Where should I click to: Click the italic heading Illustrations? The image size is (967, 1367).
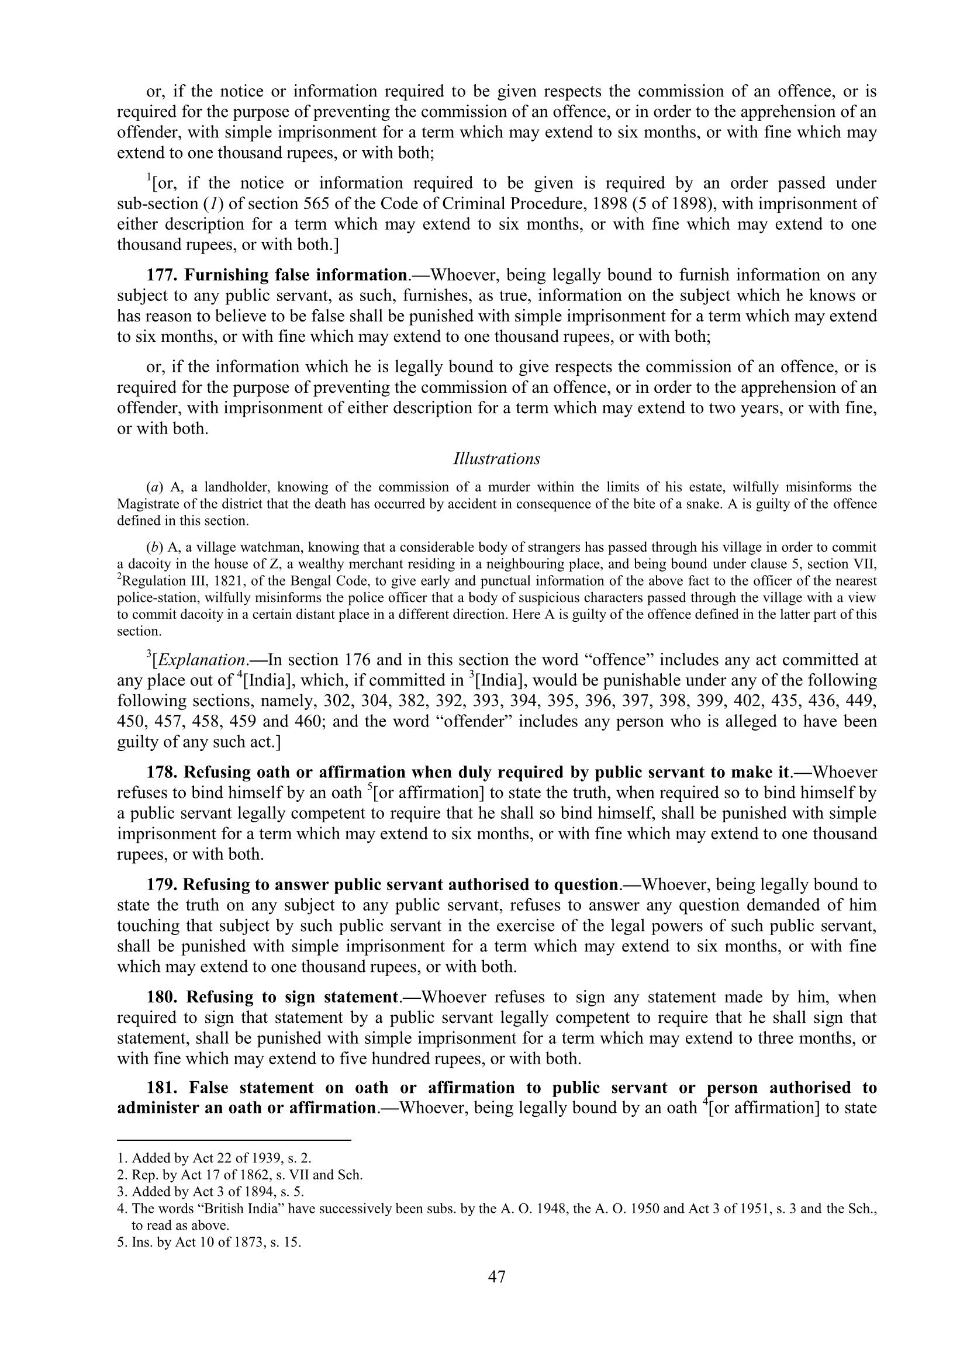coord(496,459)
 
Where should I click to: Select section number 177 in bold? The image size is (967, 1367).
coord(162,275)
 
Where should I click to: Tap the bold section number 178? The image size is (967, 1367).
coord(162,772)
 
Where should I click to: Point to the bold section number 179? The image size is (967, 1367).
coord(162,885)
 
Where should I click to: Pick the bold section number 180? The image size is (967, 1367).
coord(162,997)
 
